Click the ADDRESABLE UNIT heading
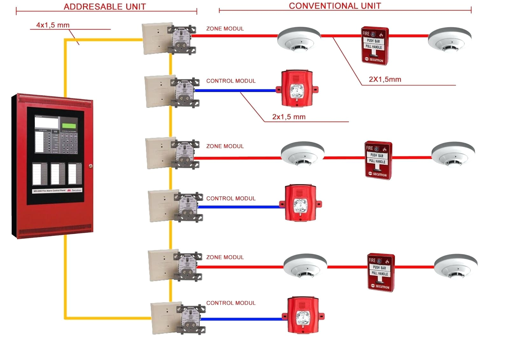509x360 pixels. coord(105,7)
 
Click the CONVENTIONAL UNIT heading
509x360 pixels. coord(335,6)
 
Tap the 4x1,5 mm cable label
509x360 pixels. coord(52,25)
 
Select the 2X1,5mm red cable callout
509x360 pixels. coord(385,79)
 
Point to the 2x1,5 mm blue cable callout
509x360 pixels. coord(289,117)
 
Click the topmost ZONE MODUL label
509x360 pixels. coord(225,29)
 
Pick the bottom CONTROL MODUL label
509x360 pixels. coord(231,303)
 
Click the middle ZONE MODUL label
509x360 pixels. coord(225,146)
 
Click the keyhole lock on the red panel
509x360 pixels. coord(91,166)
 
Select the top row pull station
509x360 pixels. coord(374,46)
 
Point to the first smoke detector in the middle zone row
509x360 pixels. coord(302,154)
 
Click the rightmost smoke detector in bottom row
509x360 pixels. coord(456,266)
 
